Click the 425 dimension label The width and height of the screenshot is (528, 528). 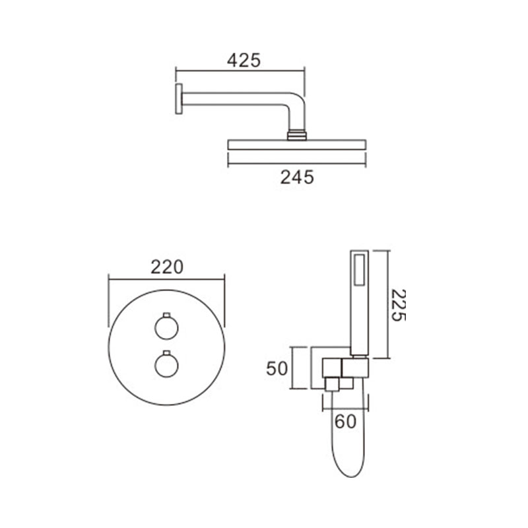tap(244, 61)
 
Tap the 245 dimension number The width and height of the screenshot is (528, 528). tap(297, 177)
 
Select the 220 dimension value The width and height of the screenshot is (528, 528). tap(167, 267)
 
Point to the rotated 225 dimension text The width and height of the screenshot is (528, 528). tap(399, 305)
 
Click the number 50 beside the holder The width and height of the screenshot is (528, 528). tap(277, 368)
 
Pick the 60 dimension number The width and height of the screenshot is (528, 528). tap(345, 421)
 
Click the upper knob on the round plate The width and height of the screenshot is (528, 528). tap(166, 327)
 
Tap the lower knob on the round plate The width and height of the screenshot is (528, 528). tap(166, 366)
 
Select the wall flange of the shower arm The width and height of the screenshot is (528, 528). tap(179, 99)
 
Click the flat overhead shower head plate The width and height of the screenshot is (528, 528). tap(296, 145)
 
